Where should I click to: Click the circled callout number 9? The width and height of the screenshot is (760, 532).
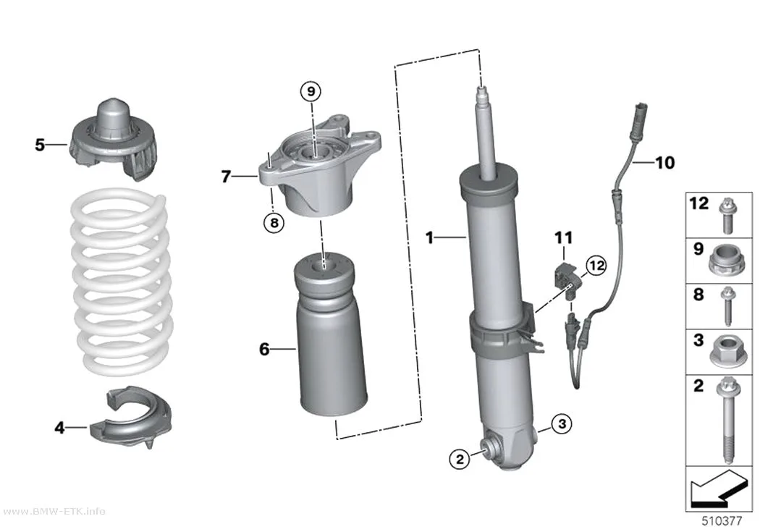point(311,91)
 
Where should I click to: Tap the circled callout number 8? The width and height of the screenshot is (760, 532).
point(274,223)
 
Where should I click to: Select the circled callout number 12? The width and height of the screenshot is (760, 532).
point(596,265)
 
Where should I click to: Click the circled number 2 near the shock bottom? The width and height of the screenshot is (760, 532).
point(460,458)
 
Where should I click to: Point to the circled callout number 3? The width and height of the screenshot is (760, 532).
point(562,424)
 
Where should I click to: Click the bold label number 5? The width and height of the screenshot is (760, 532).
point(40,144)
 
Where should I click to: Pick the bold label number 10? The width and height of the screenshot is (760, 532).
point(664,163)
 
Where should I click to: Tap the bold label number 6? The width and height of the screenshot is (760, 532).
point(264,349)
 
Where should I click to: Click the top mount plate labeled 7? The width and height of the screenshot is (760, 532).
point(318,167)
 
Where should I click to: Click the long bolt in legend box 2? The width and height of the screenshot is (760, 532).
point(726,421)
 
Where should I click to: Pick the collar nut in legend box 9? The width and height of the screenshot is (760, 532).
point(725,262)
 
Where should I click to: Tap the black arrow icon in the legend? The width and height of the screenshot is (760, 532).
point(717,489)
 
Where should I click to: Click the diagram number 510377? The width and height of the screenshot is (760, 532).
point(722,521)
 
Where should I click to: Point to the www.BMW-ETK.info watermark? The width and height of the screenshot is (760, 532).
point(53,511)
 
